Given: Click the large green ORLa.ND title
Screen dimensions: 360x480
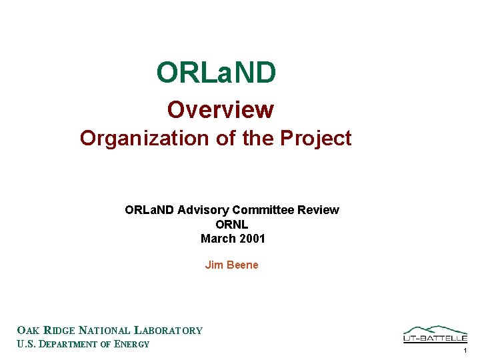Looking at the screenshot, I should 216,73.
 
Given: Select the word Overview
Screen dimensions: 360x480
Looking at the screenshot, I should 220,109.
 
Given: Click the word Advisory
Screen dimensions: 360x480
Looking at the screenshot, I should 201,210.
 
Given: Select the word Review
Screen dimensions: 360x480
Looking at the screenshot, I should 318,210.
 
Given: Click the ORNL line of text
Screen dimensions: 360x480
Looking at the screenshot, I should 232,225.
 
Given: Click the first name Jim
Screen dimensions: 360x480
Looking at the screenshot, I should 214,265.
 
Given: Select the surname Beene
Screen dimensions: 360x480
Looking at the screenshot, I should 242,265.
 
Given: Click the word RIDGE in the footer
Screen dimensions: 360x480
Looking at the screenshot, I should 59,330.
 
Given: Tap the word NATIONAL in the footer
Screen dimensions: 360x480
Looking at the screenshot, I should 105,330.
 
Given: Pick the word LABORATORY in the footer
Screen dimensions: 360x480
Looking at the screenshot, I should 169,330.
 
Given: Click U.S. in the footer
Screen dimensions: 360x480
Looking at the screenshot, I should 25,345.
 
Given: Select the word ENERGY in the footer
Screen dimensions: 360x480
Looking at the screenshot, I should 132,345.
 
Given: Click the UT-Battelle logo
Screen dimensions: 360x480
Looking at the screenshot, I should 435,334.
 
